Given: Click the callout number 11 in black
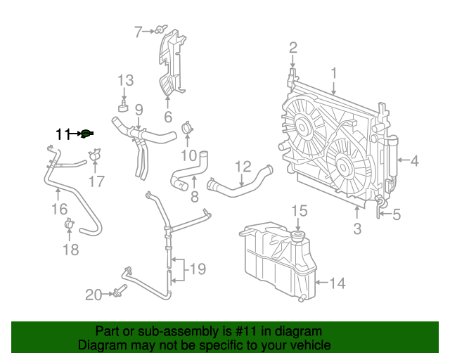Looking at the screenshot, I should click(x=64, y=134).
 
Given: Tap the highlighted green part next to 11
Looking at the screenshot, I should click(x=86, y=134).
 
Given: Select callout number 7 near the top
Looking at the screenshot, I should click(x=139, y=30).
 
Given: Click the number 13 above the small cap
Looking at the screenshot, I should click(x=125, y=80).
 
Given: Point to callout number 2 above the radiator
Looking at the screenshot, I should click(x=293, y=48).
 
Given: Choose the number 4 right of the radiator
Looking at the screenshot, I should click(x=414, y=161).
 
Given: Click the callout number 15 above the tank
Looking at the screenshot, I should click(x=300, y=210).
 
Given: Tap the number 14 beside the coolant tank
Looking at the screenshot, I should click(x=337, y=283).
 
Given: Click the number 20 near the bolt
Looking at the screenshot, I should click(x=94, y=295).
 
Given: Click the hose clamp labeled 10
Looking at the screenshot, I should click(x=187, y=128).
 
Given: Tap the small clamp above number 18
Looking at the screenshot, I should click(x=69, y=224).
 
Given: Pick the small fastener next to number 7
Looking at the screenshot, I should click(x=160, y=30).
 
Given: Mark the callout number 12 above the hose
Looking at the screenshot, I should click(x=243, y=167).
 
